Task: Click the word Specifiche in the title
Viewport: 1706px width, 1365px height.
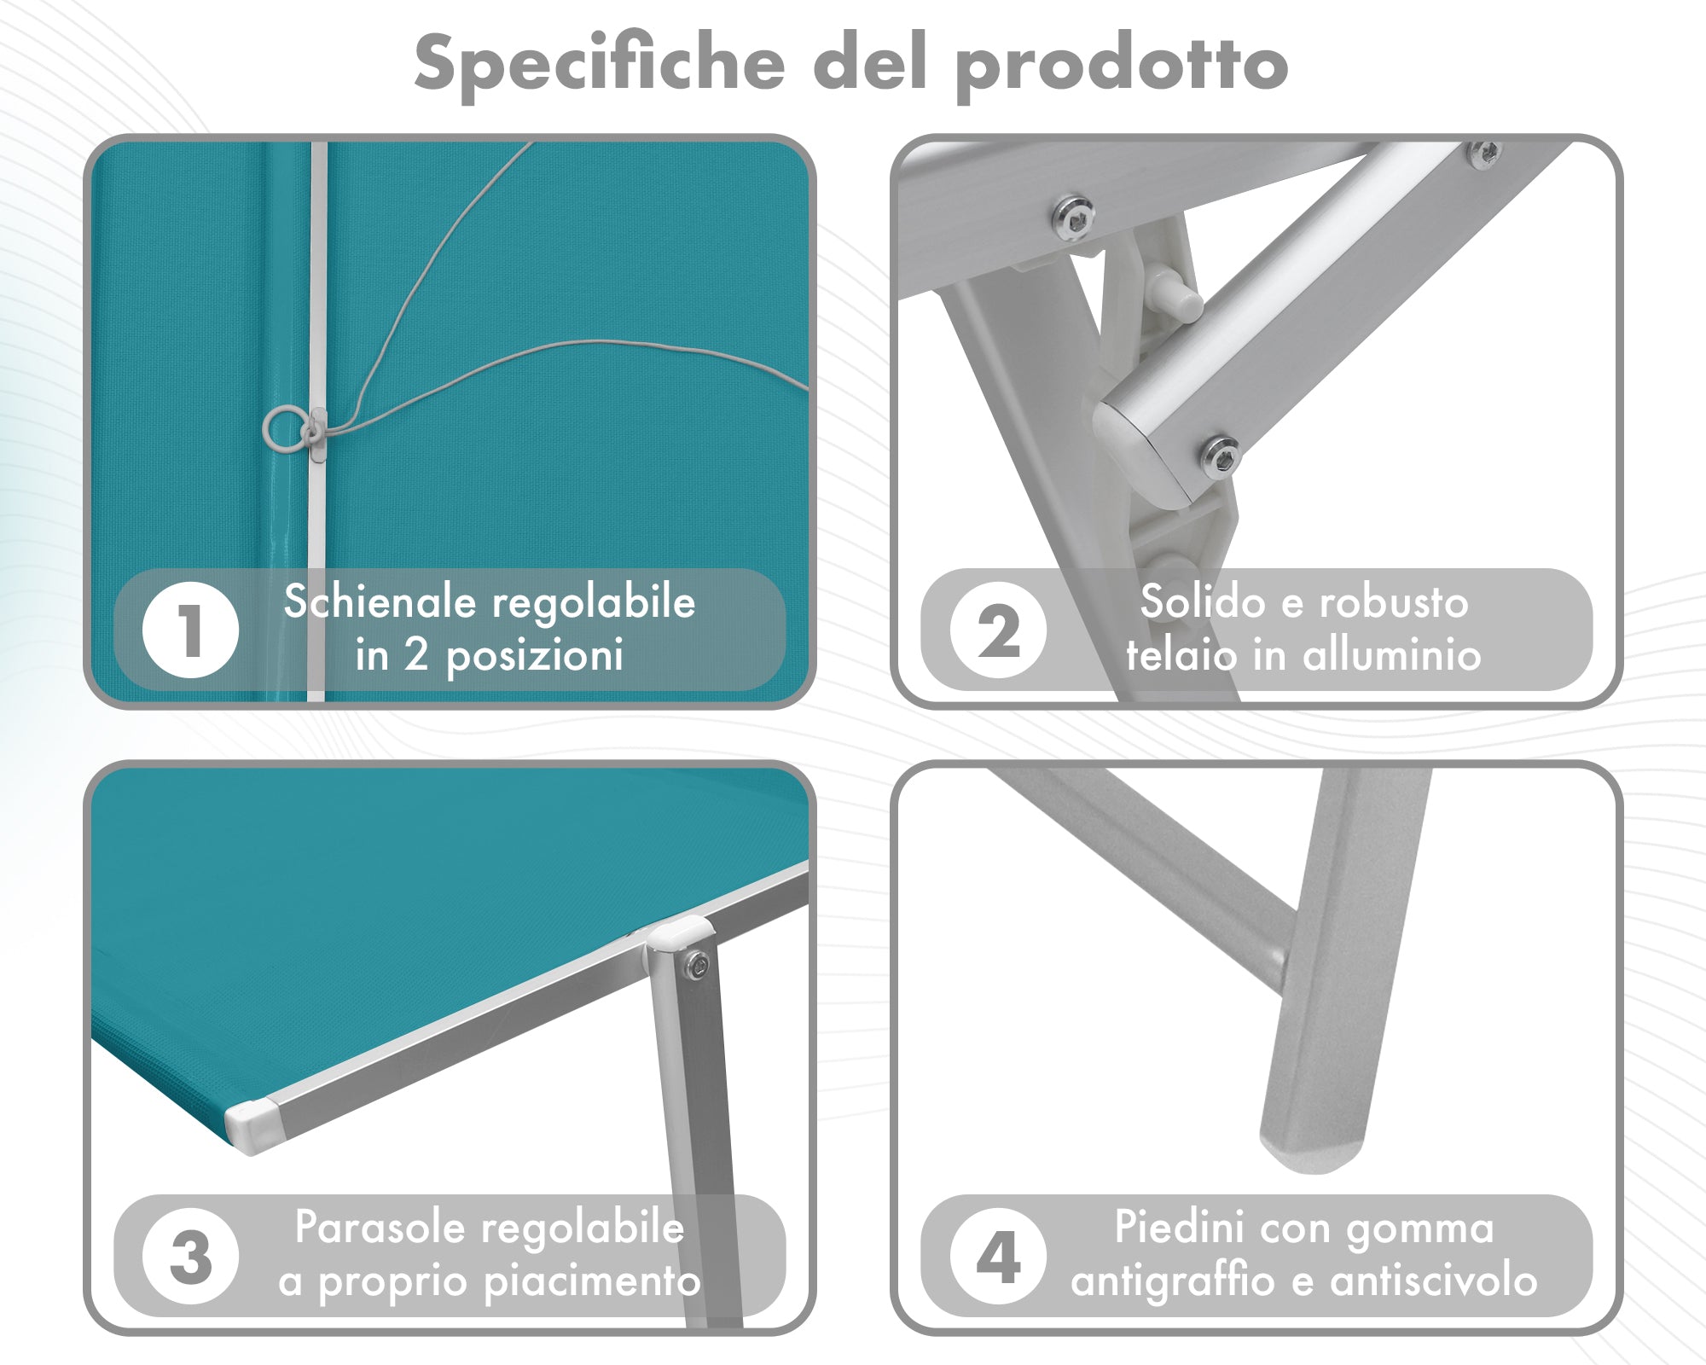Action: coord(600,64)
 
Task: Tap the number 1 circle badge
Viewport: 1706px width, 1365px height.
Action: coord(190,630)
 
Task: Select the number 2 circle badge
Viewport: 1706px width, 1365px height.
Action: coord(998,630)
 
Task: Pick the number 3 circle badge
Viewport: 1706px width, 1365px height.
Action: coord(190,1257)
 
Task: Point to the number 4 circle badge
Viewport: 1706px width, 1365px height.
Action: coord(998,1257)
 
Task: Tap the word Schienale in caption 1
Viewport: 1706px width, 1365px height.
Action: coord(380,601)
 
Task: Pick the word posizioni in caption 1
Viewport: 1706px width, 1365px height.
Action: coord(535,655)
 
